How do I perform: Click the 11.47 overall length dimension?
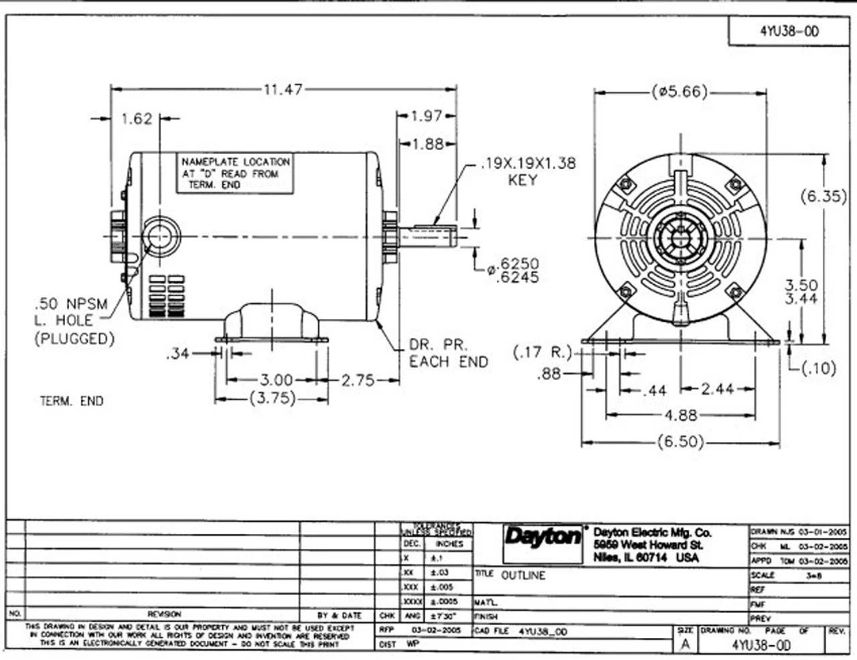[283, 89]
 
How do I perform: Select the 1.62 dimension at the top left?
[137, 119]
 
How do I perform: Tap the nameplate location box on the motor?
[235, 174]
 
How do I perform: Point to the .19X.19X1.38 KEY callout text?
[527, 171]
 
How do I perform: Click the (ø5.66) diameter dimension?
[679, 92]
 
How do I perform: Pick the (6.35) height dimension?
[824, 197]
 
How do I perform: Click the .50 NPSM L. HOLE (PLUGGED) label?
[73, 322]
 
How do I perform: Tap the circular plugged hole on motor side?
[159, 237]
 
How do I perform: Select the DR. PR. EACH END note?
[449, 353]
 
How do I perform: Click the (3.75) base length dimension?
[272, 399]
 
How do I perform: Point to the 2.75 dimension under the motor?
[358, 381]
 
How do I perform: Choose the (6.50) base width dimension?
[680, 442]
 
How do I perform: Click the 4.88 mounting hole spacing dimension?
[680, 415]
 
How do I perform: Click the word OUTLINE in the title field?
[523, 575]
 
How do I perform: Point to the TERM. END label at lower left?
[72, 401]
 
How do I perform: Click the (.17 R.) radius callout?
[543, 352]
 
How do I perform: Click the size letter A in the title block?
[684, 645]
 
